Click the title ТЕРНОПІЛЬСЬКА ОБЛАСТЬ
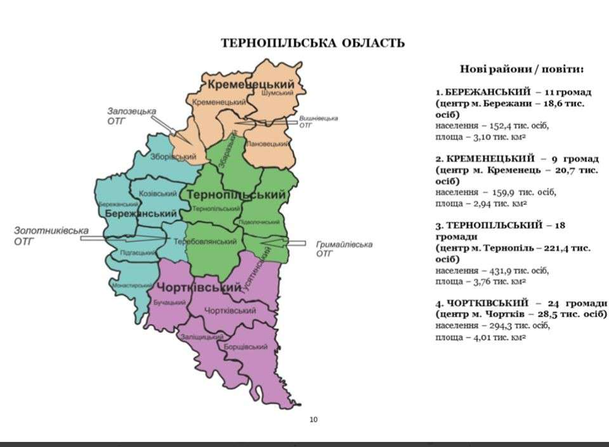(x=313, y=43)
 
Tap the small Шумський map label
(x=277, y=93)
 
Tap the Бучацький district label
(x=166, y=302)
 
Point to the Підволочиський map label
(x=258, y=222)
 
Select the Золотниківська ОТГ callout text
(x=51, y=236)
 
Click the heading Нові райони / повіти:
(x=521, y=68)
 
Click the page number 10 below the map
(x=313, y=418)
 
